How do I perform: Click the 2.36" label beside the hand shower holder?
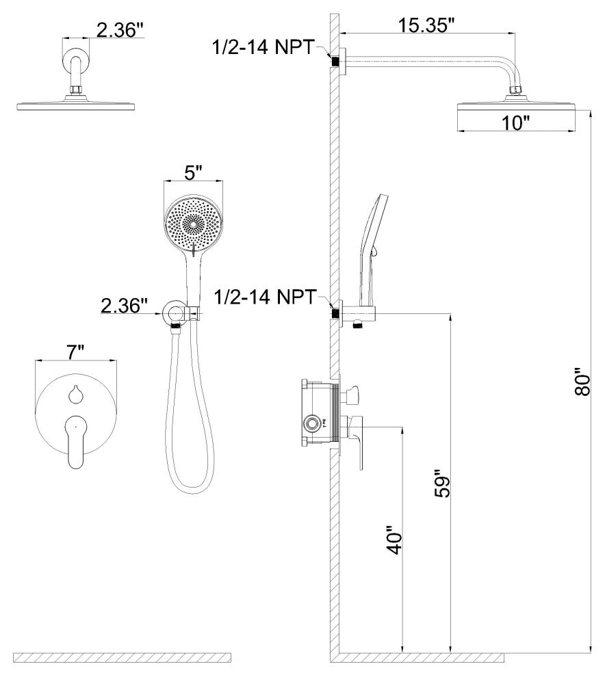pos(124,305)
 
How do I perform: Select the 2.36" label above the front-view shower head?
pos(119,30)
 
